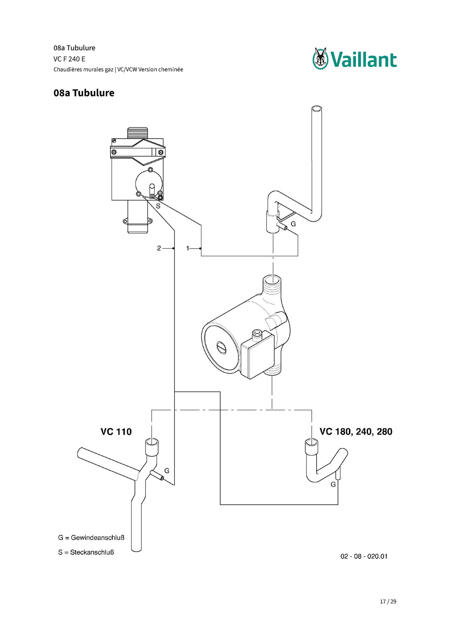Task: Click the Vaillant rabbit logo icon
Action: pos(320,58)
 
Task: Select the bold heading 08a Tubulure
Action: pos(84,93)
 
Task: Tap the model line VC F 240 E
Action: pos(69,59)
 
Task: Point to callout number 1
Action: pos(188,248)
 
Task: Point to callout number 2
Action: pos(159,248)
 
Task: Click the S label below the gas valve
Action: pos(158,206)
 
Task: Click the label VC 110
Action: pos(116,432)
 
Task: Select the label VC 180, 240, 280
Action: pos(356,432)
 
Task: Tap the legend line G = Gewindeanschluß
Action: pos(91,538)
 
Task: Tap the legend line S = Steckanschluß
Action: pos(86,552)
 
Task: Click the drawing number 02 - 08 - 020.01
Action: pos(364,556)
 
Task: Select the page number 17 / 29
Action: pos(388,602)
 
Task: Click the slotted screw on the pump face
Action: pos(221,347)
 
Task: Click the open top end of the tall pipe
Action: pos(317,109)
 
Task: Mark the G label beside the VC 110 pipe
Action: pos(167,471)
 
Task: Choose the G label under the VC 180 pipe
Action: pos(333,484)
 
